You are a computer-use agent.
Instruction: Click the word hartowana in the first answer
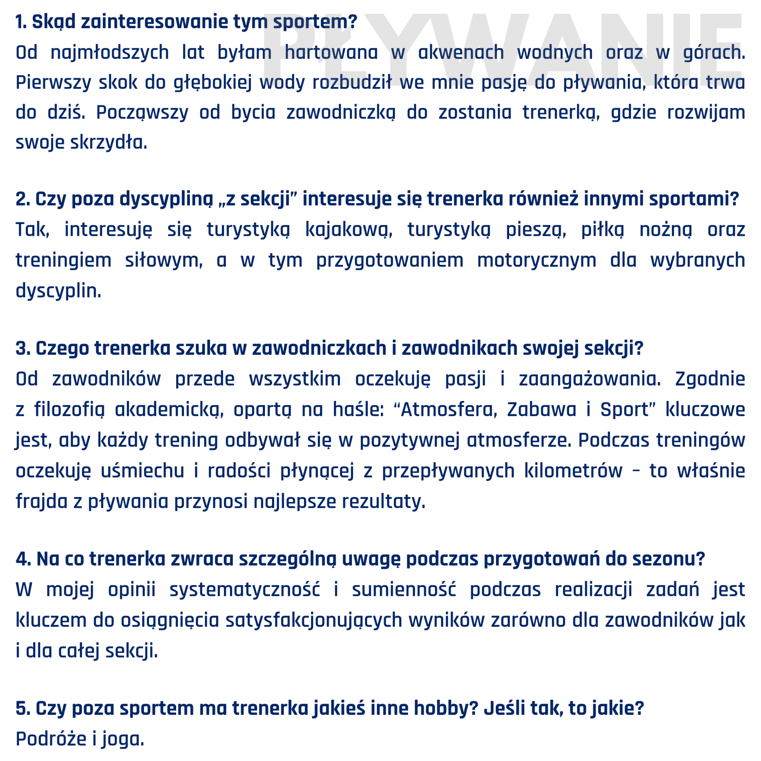click(331, 52)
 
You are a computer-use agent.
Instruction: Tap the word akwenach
click(461, 52)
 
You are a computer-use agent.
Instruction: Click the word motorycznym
click(537, 260)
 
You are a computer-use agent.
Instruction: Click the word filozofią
click(69, 409)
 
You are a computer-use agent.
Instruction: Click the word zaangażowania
click(590, 379)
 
